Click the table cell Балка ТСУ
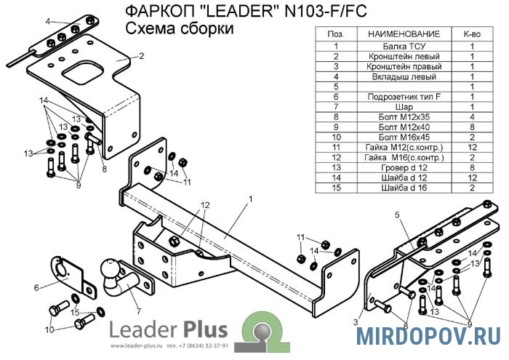click(404, 45)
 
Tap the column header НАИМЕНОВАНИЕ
click(404, 34)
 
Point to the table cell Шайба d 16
click(404, 188)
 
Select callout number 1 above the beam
click(249, 198)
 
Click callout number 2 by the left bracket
click(141, 55)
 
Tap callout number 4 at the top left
click(47, 22)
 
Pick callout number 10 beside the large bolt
click(49, 329)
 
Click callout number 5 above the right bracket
click(398, 215)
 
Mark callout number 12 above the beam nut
click(206, 204)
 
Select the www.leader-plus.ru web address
click(136, 345)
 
